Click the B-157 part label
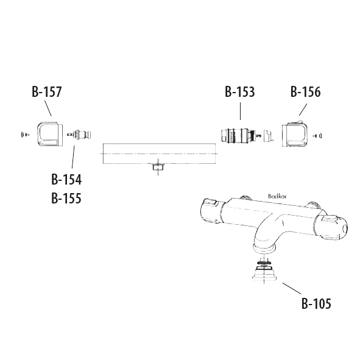pyautogui.click(x=47, y=92)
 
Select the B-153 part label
pyautogui.click(x=239, y=92)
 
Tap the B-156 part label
pyautogui.click(x=305, y=92)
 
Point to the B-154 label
pyautogui.click(x=66, y=180)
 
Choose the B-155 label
pyautogui.click(x=66, y=198)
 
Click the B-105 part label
pyautogui.click(x=316, y=303)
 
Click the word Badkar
pyautogui.click(x=277, y=196)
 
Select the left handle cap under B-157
pyautogui.click(x=50, y=134)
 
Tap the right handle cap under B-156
pyautogui.click(x=295, y=135)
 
